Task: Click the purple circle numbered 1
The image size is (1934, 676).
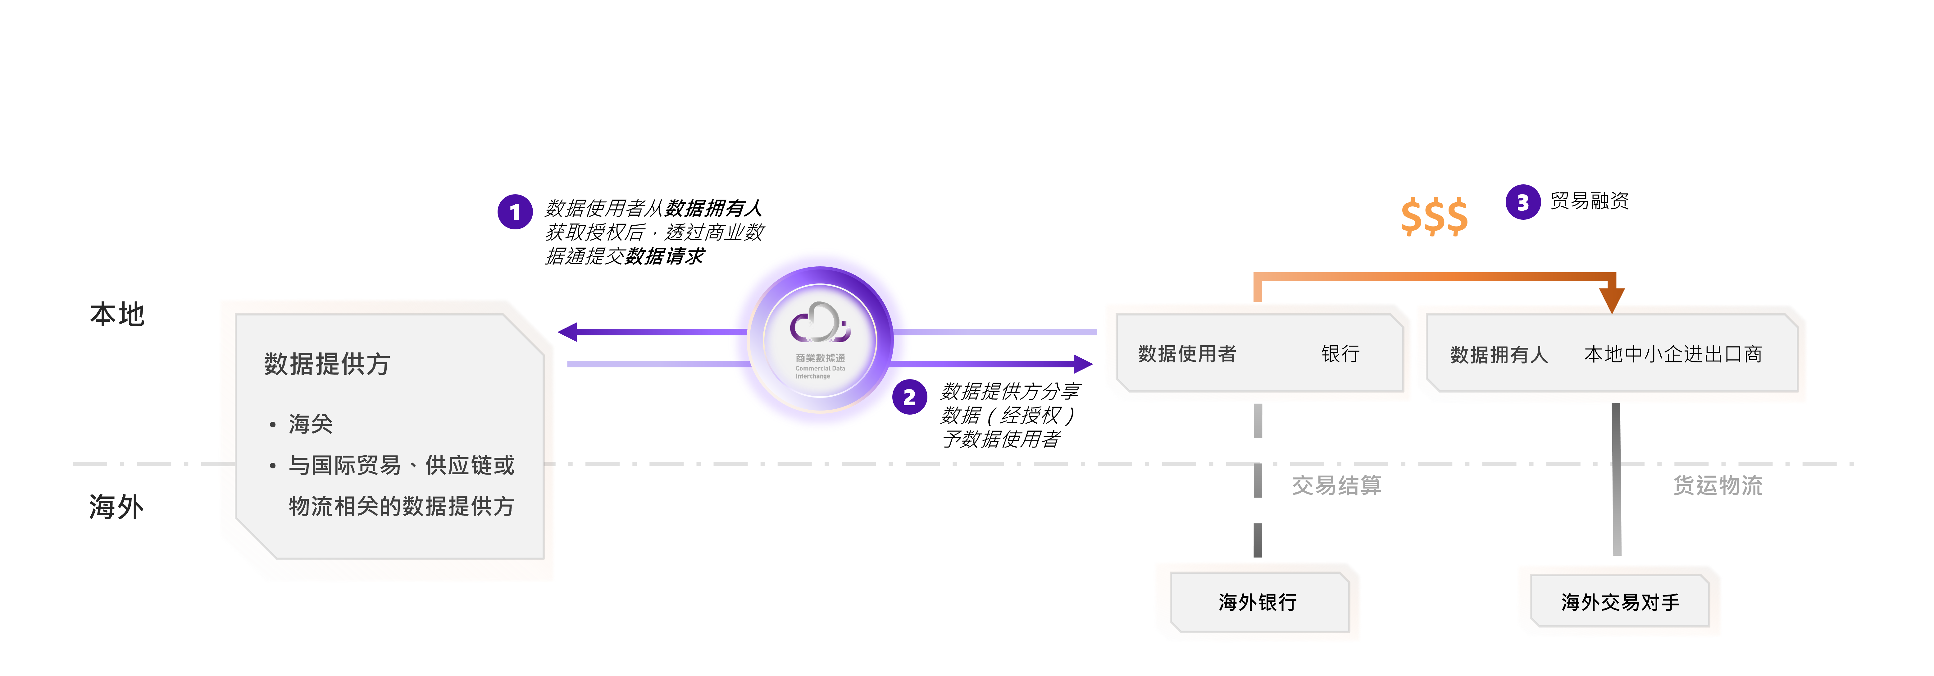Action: click(x=515, y=213)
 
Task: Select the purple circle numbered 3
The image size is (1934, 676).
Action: click(x=1522, y=202)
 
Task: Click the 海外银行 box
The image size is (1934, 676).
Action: click(x=1258, y=602)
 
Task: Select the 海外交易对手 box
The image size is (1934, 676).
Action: click(x=1620, y=602)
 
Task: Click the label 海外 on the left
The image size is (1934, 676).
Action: click(x=116, y=507)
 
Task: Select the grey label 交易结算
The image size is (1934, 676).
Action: click(x=1336, y=485)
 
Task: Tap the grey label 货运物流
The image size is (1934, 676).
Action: click(x=1717, y=485)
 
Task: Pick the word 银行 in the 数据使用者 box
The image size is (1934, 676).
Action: click(x=1340, y=354)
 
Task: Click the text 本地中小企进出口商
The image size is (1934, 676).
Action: click(x=1673, y=354)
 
